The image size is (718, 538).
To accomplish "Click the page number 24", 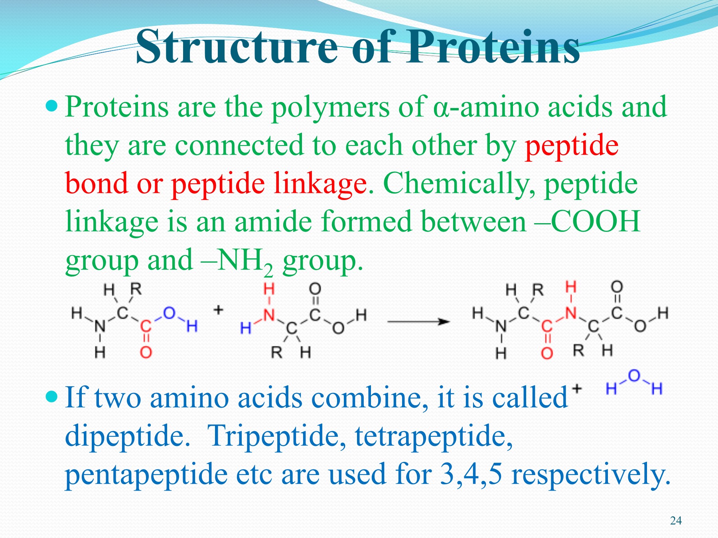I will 676,520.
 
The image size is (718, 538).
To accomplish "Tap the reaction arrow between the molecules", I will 418,321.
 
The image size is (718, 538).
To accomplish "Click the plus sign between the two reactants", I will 218,310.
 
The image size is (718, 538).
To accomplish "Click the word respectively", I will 590,474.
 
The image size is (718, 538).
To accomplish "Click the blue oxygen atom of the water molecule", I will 634,375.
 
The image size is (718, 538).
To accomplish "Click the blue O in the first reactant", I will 169,313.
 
